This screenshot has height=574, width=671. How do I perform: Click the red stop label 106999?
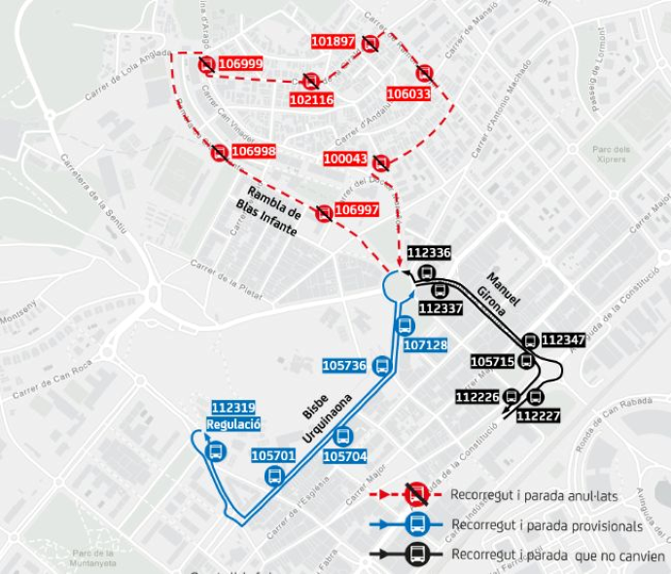tap(240, 63)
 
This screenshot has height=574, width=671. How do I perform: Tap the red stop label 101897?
tap(334, 42)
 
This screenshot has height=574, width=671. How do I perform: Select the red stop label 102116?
tap(311, 99)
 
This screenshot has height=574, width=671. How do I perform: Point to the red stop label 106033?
tap(408, 93)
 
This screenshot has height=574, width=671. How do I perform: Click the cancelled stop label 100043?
tap(346, 159)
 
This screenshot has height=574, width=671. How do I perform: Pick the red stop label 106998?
tap(254, 151)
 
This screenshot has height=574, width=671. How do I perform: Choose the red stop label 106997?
tap(356, 210)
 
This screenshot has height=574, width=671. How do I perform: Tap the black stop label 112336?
tap(429, 253)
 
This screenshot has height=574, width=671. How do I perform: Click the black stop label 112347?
tap(563, 340)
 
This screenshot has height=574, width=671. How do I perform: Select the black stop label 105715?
tap(491, 361)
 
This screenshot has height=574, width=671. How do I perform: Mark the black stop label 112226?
tap(477, 397)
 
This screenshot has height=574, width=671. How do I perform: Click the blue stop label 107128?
tap(425, 344)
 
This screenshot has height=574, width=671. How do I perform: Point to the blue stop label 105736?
tap(343, 365)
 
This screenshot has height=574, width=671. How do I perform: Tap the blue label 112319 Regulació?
tap(233, 416)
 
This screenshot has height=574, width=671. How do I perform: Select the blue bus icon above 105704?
tap(342, 437)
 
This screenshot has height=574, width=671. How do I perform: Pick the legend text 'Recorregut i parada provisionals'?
tap(547, 525)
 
